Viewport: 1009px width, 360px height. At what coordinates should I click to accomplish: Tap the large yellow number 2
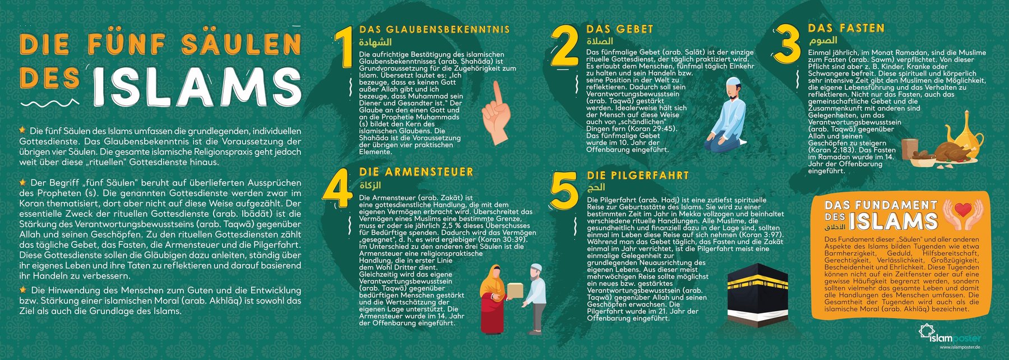(x=564, y=46)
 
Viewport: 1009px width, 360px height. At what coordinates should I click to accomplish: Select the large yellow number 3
(x=787, y=45)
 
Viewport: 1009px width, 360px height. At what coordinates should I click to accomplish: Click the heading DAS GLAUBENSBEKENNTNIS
(x=434, y=30)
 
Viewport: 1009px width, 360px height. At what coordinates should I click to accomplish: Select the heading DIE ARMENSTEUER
(x=416, y=172)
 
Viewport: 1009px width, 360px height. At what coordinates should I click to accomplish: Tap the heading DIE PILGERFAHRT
(x=638, y=176)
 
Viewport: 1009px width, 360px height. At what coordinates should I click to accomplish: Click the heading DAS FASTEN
(x=846, y=28)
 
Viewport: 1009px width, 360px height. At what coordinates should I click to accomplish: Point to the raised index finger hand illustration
(x=496, y=114)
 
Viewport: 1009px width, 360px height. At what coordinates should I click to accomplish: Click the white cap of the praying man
(x=732, y=81)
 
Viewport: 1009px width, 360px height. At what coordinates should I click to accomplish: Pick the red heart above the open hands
(x=963, y=210)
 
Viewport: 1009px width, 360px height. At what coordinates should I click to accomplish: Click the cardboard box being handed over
(x=515, y=289)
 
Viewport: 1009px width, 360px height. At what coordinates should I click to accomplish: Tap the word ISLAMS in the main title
(x=197, y=88)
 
